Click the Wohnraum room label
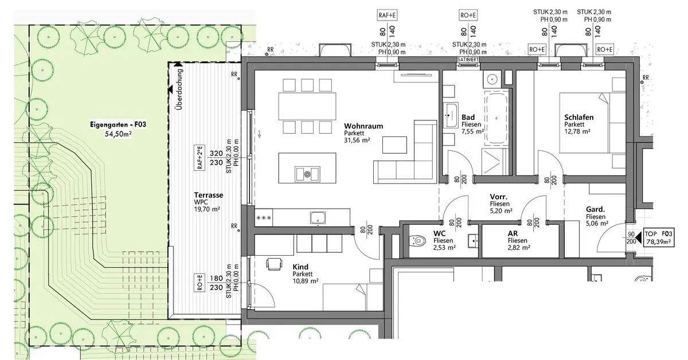(363, 126)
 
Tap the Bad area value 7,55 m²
(472, 131)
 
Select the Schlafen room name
(578, 117)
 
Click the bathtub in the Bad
(497, 118)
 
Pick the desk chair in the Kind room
(274, 264)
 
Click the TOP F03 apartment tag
(659, 238)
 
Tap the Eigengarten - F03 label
(118, 124)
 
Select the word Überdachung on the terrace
(179, 89)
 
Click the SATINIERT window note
(468, 59)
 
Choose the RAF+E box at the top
(387, 15)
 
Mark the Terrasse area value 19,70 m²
(207, 209)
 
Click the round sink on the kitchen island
(307, 174)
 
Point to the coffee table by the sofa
(394, 145)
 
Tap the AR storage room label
(513, 233)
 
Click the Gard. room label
(595, 209)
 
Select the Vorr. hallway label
(498, 197)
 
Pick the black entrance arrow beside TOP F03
(638, 238)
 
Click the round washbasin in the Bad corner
(492, 80)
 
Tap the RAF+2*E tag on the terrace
(200, 158)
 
